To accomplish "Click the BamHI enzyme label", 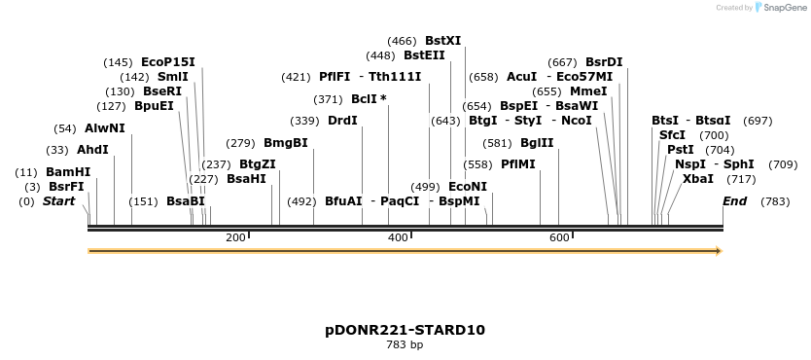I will coord(68,171).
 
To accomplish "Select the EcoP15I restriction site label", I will coord(168,62).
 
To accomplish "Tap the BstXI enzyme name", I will coord(443,41).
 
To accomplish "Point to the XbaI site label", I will coord(698,179).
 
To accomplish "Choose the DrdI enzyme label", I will coord(342,121).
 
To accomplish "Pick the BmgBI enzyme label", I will coord(286,143).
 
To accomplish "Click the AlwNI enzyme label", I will coord(105,128).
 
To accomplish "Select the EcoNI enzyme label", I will coord(468,187).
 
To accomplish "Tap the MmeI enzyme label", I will coord(589,91).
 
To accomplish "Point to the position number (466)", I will coord(403,41).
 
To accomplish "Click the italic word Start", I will coord(58,201).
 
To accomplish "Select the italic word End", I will coord(735,201).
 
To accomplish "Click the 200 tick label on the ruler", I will coord(235,238).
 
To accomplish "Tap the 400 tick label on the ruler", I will coord(398,238).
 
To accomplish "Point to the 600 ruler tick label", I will coord(559,238).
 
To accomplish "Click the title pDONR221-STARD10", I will coord(405,330).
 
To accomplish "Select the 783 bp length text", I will coord(405,344).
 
